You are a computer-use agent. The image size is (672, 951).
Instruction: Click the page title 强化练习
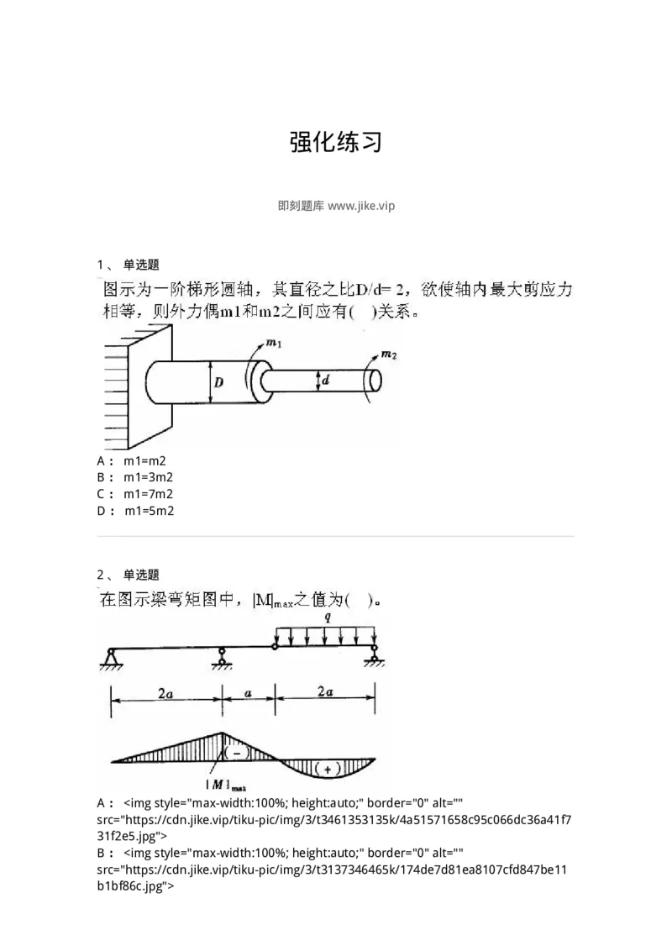pos(336,143)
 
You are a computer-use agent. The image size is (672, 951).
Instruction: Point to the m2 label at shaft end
pos(389,355)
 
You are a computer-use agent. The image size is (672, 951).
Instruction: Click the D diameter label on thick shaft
pos(218,383)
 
